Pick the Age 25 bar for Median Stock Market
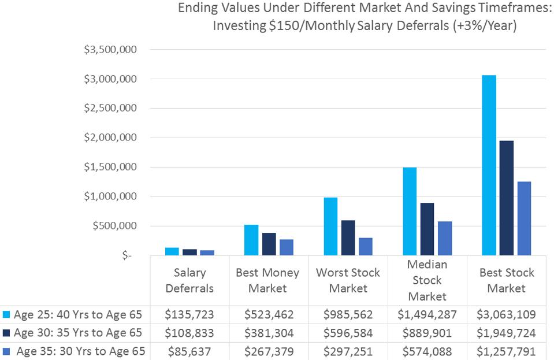(410, 211)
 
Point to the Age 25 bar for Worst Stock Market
(330, 226)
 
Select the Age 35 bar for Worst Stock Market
(366, 246)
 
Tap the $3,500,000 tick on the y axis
(110, 50)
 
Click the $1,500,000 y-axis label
(110, 167)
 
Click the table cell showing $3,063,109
(506, 315)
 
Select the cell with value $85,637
(189, 351)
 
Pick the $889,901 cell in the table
(427, 333)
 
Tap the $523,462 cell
(269, 315)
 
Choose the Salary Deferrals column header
(189, 280)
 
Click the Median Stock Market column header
(427, 280)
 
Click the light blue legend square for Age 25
(6, 315)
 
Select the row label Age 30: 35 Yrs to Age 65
(78, 333)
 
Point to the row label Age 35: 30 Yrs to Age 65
(81, 351)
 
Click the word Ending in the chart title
(198, 9)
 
